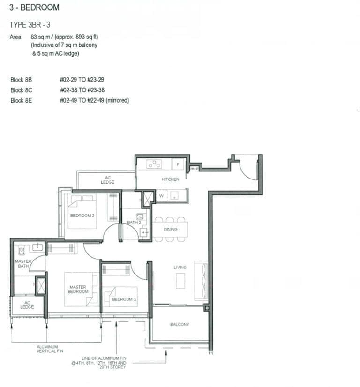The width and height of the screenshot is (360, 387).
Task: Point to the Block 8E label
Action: click(x=21, y=100)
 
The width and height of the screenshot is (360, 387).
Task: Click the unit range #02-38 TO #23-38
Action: click(x=82, y=90)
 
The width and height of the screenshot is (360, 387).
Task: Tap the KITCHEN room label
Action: click(x=170, y=179)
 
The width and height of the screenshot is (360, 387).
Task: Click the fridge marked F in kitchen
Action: click(x=178, y=164)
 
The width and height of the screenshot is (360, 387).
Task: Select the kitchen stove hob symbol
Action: click(x=154, y=164)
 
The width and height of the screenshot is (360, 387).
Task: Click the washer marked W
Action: click(x=161, y=196)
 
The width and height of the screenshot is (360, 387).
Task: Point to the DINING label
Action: click(x=171, y=230)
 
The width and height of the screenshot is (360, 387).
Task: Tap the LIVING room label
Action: click(x=180, y=267)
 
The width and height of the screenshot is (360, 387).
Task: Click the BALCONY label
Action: click(x=180, y=324)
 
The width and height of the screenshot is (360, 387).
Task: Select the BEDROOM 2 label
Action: click(x=82, y=216)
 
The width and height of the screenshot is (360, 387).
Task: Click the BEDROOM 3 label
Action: click(x=124, y=299)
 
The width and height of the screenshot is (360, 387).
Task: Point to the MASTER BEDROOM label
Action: click(x=78, y=289)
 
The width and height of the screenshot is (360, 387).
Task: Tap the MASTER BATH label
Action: click(x=23, y=263)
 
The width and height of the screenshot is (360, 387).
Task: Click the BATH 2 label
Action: click(x=134, y=223)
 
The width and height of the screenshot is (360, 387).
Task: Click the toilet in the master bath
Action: click(x=21, y=251)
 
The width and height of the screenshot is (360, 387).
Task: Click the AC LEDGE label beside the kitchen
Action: click(x=107, y=180)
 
